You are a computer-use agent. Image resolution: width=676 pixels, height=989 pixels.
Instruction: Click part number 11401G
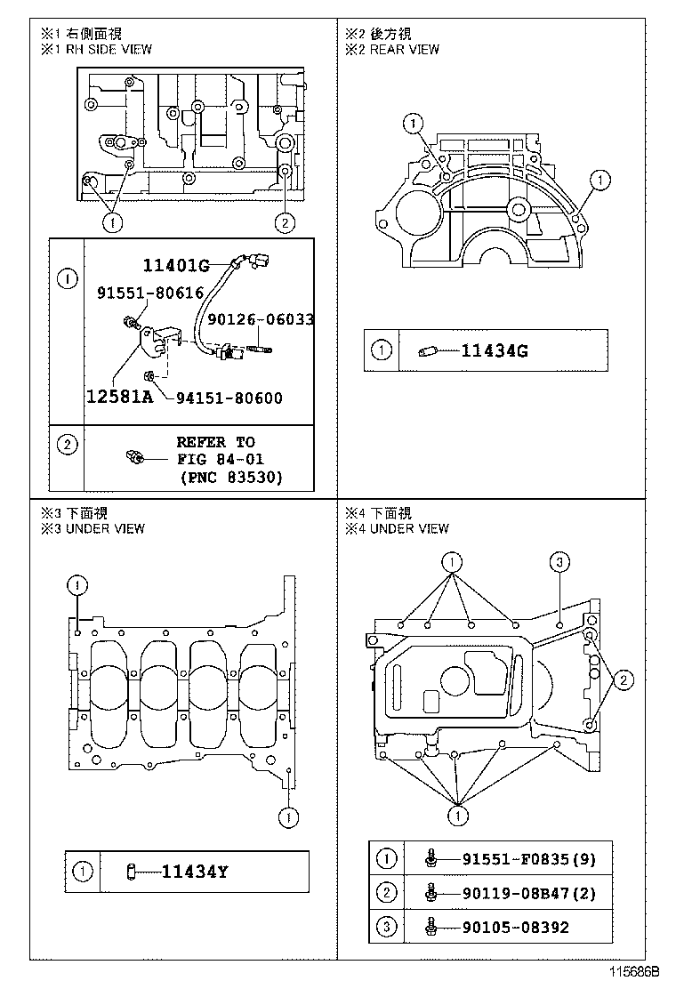(175, 264)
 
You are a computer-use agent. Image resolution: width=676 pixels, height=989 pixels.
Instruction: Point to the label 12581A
(119, 398)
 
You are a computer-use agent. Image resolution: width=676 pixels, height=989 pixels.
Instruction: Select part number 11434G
(495, 350)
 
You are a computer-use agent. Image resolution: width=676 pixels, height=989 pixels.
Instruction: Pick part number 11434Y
(194, 872)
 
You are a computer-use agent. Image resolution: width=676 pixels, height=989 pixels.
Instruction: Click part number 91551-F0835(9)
(528, 858)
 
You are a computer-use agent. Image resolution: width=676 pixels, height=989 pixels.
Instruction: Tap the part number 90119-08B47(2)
(528, 892)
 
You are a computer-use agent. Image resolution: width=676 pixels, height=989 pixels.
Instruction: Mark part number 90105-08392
(515, 927)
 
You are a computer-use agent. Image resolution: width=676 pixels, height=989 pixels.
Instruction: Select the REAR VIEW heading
(404, 49)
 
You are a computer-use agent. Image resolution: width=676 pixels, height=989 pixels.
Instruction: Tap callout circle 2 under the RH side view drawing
(284, 223)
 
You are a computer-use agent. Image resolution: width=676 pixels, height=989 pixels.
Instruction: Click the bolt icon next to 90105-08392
(431, 927)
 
